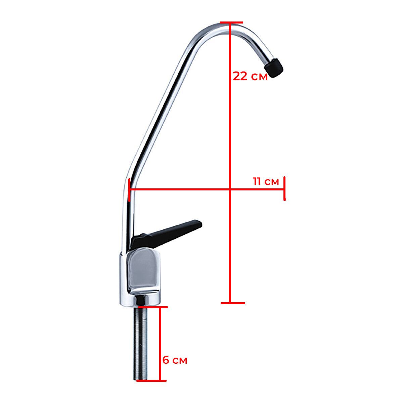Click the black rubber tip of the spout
274,68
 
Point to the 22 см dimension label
250,76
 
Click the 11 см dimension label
266,181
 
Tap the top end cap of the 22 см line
231,22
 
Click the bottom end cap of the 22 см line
233,303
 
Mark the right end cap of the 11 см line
284,188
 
